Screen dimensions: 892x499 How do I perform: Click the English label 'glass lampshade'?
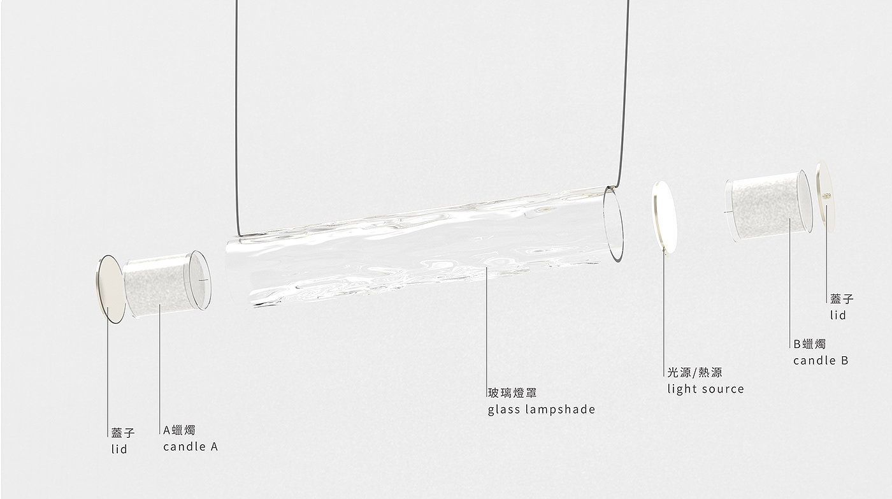tap(542, 409)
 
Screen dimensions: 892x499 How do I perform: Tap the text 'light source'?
tap(705, 389)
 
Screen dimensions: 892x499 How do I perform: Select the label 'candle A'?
tap(191, 447)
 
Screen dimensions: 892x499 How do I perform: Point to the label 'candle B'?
tap(821, 361)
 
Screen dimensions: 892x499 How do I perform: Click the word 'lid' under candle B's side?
tap(838, 315)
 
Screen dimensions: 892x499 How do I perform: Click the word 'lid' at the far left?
tap(119, 449)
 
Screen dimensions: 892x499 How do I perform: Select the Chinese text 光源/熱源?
tap(694, 373)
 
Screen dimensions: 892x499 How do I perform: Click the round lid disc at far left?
tap(109, 289)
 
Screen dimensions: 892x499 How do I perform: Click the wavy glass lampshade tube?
tap(414, 255)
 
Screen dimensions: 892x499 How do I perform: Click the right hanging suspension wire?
tap(626, 96)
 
